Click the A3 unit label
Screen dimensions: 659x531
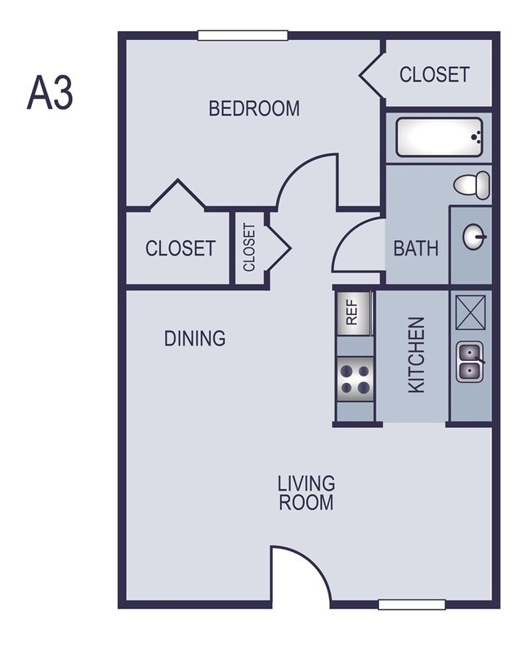pos(51,93)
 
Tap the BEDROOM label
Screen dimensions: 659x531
pos(254,108)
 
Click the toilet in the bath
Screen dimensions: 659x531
pos(472,184)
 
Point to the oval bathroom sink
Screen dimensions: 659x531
pos(475,238)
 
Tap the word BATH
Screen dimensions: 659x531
pos(416,248)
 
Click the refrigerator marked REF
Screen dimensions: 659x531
pos(354,313)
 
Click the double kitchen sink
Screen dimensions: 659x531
pos(471,361)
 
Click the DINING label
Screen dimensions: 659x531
pos(194,338)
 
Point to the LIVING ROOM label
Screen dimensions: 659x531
pos(306,493)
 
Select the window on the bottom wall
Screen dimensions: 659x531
pos(412,604)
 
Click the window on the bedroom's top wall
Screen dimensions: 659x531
pos(243,35)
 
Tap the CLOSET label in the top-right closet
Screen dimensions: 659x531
pos(434,74)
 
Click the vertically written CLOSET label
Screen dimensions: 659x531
pos(249,247)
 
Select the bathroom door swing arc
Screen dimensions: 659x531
pos(356,246)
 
